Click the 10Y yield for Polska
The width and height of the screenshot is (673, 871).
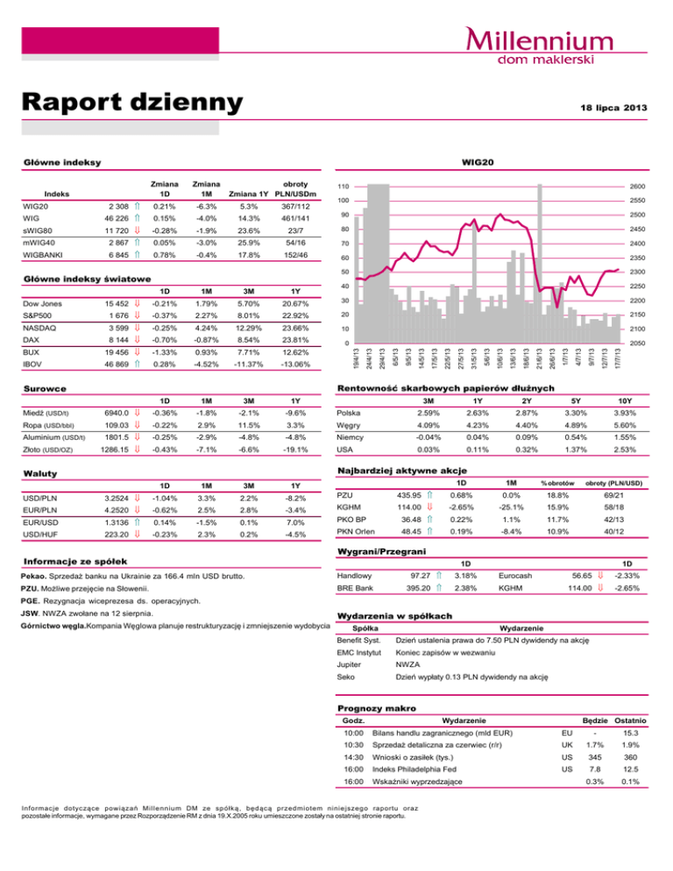(x=621, y=412)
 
